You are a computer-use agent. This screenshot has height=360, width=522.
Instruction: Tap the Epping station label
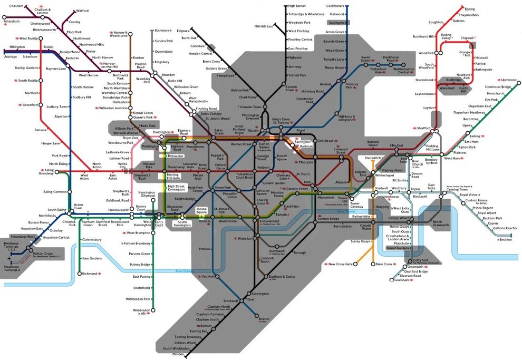[469, 9]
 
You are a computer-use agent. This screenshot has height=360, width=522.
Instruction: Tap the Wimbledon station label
[141, 310]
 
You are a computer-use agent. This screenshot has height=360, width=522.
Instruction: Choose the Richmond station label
[90, 274]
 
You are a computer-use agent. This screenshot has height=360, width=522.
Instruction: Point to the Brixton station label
[264, 318]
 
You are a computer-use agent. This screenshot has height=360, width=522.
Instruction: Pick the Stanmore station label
[161, 31]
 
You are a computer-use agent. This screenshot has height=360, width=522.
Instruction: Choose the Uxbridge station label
[10, 56]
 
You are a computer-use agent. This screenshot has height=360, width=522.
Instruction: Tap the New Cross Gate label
[340, 264]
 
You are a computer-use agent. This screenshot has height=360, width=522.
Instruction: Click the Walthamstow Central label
[403, 71]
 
